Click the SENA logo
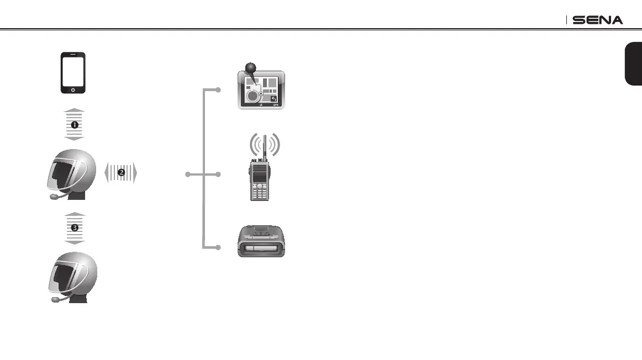tap(598, 20)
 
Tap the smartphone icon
tap(73, 73)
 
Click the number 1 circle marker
tap(73, 125)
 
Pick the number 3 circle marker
tap(73, 227)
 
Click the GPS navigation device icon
tap(261, 89)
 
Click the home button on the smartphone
tap(73, 89)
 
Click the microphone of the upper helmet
tap(54, 196)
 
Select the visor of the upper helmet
tap(61, 171)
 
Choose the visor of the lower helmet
tap(61, 275)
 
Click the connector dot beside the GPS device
tap(219, 89)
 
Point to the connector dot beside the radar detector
tap(219, 247)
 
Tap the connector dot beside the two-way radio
tap(219, 174)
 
